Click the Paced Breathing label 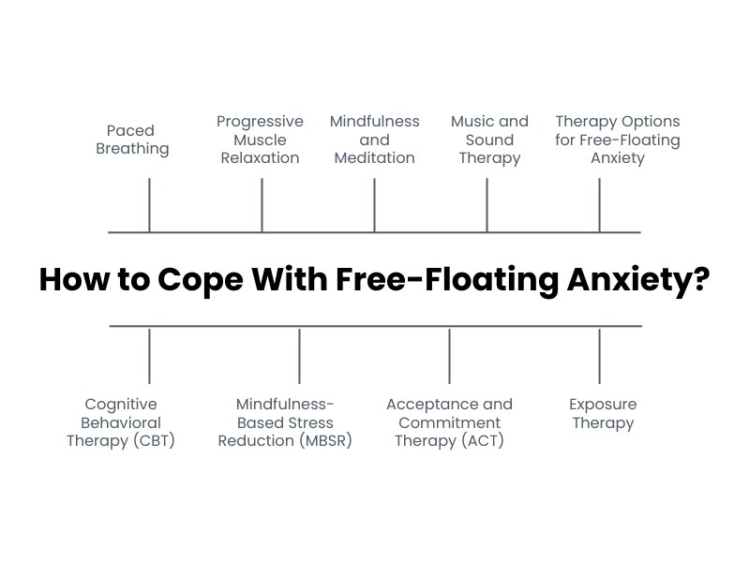pos(132,140)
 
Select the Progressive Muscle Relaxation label pos(260,140)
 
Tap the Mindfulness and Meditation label pos(374,140)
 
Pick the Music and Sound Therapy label pos(489,140)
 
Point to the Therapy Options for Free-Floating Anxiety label pos(617,140)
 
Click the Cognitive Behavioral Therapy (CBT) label pos(121,422)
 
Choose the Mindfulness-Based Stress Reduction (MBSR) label pos(285,422)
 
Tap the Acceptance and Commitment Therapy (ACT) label pos(449,422)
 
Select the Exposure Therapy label pos(602,413)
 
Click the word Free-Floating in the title pos(443,279)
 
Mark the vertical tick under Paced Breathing pos(149,205)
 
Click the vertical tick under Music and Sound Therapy pos(487,205)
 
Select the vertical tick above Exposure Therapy pos(599,356)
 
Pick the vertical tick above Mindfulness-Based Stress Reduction pos(299,356)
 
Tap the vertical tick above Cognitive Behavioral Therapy pos(149,356)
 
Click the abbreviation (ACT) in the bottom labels pos(484,441)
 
